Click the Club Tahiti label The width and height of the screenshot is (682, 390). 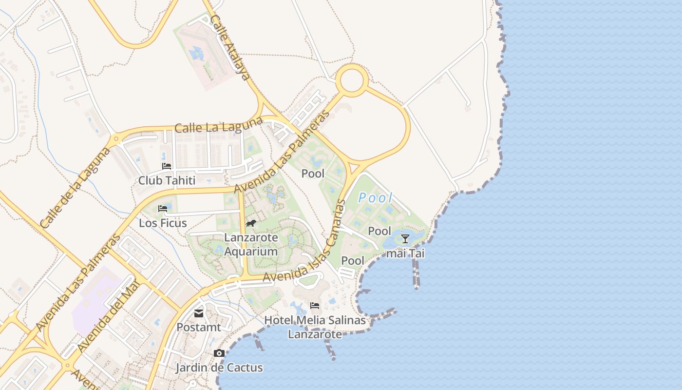pyautogui.click(x=167, y=180)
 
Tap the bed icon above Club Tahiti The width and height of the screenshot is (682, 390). pyautogui.click(x=167, y=166)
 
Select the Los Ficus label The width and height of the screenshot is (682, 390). pyautogui.click(x=163, y=223)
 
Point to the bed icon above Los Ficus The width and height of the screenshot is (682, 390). pyautogui.click(x=163, y=209)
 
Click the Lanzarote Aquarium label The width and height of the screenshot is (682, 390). pyautogui.click(x=251, y=245)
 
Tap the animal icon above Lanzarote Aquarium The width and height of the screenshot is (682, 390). pyautogui.click(x=251, y=224)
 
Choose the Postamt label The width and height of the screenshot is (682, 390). pyautogui.click(x=198, y=327)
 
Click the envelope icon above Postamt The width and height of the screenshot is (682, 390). pyautogui.click(x=199, y=313)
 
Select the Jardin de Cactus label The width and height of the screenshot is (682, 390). pyautogui.click(x=219, y=368)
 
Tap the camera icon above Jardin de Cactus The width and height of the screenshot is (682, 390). pyautogui.click(x=219, y=353)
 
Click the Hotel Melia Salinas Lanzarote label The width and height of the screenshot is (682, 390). pyautogui.click(x=315, y=327)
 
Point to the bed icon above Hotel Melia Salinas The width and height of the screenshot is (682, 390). pyautogui.click(x=315, y=306)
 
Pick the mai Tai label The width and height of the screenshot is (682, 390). pyautogui.click(x=405, y=253)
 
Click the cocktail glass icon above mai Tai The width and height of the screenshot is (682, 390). pyautogui.click(x=405, y=239)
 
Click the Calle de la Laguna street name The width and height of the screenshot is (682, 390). pyautogui.click(x=76, y=188)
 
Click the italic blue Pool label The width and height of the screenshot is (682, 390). pyautogui.click(x=375, y=197)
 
